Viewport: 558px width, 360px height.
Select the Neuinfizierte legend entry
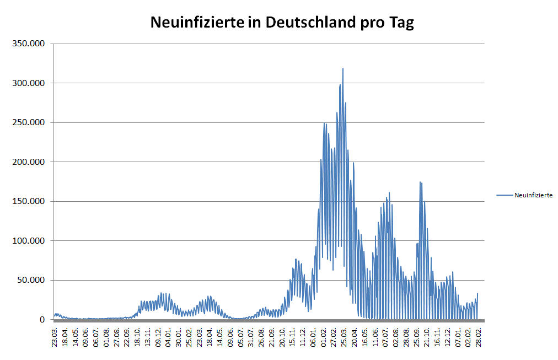pos(533,195)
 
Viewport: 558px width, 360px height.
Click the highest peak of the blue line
pos(343,69)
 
